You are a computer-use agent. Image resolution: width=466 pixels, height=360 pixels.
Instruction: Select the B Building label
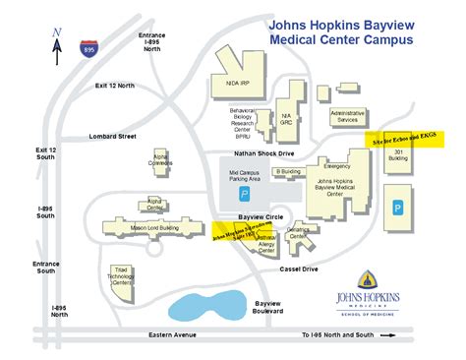click(x=287, y=171)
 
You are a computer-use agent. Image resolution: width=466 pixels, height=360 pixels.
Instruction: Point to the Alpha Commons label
click(x=160, y=164)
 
